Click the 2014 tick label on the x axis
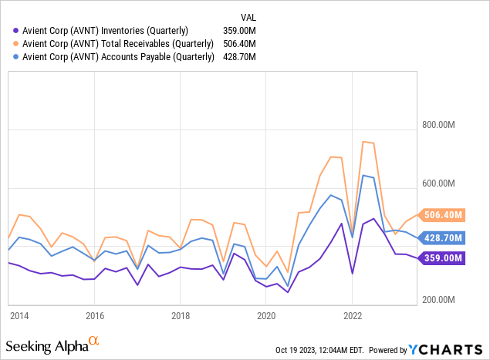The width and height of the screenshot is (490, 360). pyautogui.click(x=19, y=316)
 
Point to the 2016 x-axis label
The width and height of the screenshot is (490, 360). pyautogui.click(x=95, y=316)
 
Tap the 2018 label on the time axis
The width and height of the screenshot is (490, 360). pyautogui.click(x=181, y=316)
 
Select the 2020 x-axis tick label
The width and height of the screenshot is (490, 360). pyautogui.click(x=266, y=316)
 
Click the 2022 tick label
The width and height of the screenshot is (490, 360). pyautogui.click(x=352, y=316)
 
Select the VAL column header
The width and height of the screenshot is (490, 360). pyautogui.click(x=248, y=15)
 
